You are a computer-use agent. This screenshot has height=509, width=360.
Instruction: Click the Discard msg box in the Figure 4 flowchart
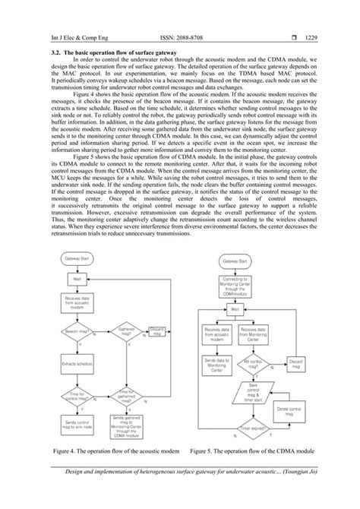157,330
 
